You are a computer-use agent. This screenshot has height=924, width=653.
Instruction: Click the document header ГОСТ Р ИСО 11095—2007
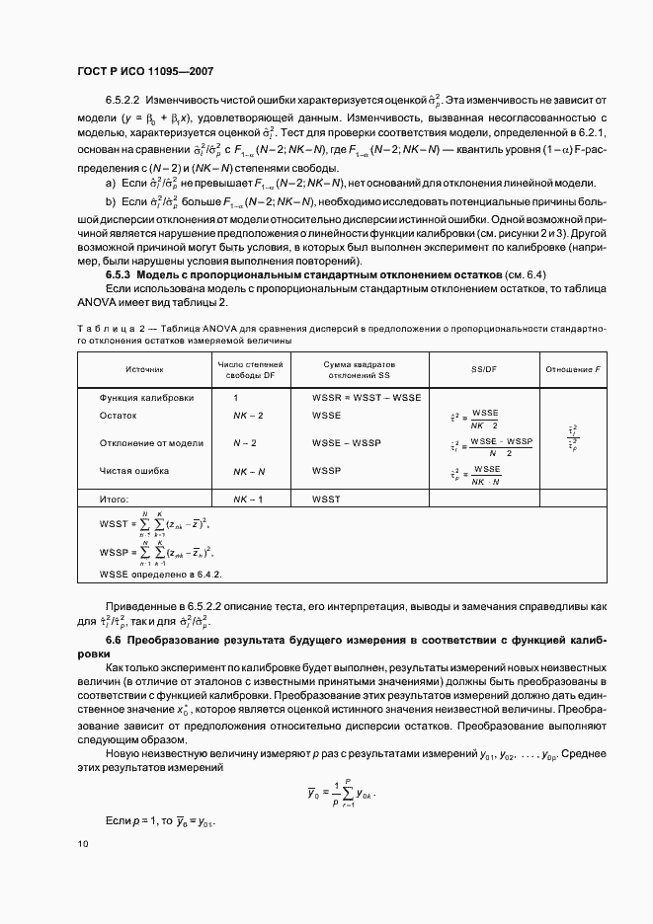click(146, 72)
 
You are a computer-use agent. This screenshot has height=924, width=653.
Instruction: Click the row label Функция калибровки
click(146, 397)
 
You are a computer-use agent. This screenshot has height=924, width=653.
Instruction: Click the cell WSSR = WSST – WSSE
click(367, 397)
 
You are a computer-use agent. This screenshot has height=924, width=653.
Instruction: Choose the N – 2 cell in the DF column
click(244, 443)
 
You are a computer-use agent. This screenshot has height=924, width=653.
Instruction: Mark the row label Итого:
click(115, 500)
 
